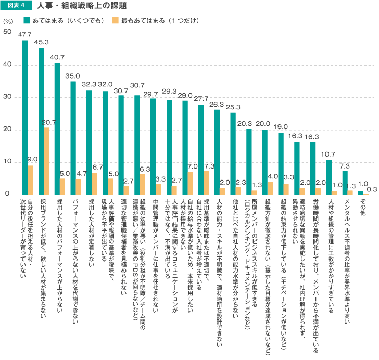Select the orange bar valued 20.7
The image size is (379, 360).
click(x=47, y=161)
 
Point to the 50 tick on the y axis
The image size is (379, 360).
click(x=8, y=32)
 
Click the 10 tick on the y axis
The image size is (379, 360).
click(x=8, y=162)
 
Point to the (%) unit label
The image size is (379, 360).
click(x=8, y=21)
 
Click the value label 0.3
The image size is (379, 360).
click(x=372, y=189)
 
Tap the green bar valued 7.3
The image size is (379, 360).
click(x=345, y=183)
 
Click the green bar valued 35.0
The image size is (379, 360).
click(x=73, y=138)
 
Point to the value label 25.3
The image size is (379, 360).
click(x=233, y=107)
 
